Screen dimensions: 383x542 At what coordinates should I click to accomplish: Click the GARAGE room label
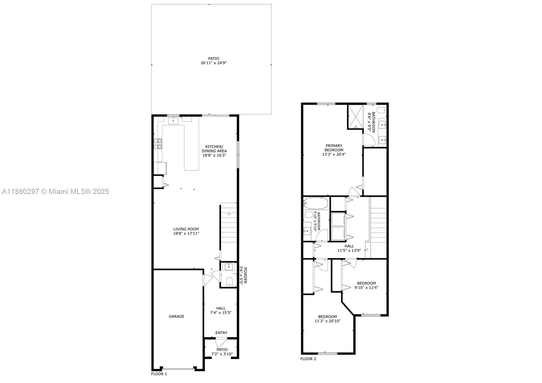(176, 316)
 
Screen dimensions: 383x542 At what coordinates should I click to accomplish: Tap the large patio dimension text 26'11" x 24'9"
(213, 63)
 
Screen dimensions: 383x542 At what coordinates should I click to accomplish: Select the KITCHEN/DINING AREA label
(214, 148)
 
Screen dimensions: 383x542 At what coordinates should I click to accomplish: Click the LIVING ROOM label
(186, 229)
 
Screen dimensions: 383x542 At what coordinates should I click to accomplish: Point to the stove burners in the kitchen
(158, 144)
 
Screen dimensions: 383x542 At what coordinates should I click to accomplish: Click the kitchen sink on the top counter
(173, 120)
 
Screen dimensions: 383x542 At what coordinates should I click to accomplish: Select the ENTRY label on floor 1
(221, 333)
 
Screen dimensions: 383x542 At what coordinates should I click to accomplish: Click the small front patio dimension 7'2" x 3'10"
(222, 354)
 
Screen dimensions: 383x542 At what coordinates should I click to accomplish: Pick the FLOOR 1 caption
(159, 374)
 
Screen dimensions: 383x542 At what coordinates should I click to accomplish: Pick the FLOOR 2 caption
(308, 359)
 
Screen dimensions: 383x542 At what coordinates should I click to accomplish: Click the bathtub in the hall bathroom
(316, 203)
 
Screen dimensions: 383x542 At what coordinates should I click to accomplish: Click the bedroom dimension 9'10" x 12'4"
(366, 287)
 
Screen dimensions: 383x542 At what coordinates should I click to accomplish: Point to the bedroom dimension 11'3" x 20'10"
(327, 321)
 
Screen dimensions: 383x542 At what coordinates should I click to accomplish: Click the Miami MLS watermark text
(56, 191)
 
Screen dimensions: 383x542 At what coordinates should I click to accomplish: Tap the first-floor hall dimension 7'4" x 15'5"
(221, 313)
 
